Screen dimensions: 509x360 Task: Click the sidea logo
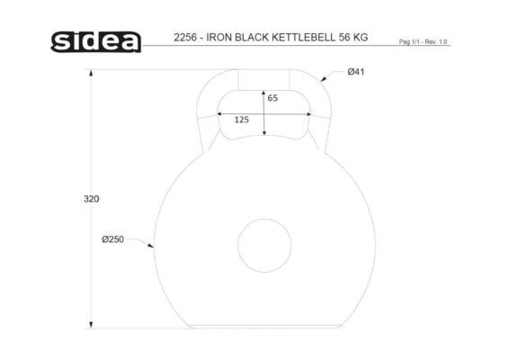click(96, 41)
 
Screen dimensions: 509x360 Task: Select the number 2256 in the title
click(185, 38)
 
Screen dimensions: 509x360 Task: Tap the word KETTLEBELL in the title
click(304, 38)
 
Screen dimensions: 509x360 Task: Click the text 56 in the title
click(344, 38)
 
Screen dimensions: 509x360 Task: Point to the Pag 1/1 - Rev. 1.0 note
click(423, 41)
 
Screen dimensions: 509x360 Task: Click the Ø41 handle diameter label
click(356, 71)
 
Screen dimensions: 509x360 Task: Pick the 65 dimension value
click(272, 98)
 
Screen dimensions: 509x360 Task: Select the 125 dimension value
click(242, 120)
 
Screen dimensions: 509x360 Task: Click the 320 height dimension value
click(91, 199)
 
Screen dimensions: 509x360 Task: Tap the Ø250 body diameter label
click(112, 239)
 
